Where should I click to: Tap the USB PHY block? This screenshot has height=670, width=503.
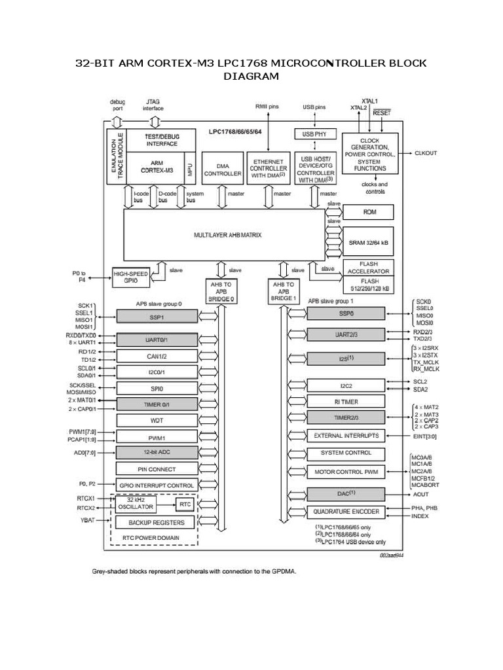click(x=315, y=134)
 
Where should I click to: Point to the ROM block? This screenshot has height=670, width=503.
click(x=369, y=213)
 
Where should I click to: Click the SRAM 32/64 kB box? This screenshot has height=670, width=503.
click(x=369, y=242)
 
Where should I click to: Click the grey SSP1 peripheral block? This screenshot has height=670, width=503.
click(x=157, y=316)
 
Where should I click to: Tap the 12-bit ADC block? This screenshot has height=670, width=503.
click(x=157, y=452)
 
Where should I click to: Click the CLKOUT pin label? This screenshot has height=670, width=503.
click(x=426, y=153)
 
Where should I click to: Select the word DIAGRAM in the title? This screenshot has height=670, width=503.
click(x=251, y=77)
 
